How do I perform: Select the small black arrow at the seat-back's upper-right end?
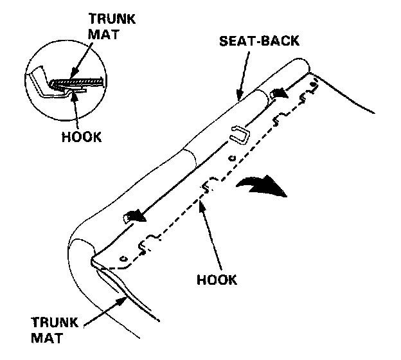pos(281,93)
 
